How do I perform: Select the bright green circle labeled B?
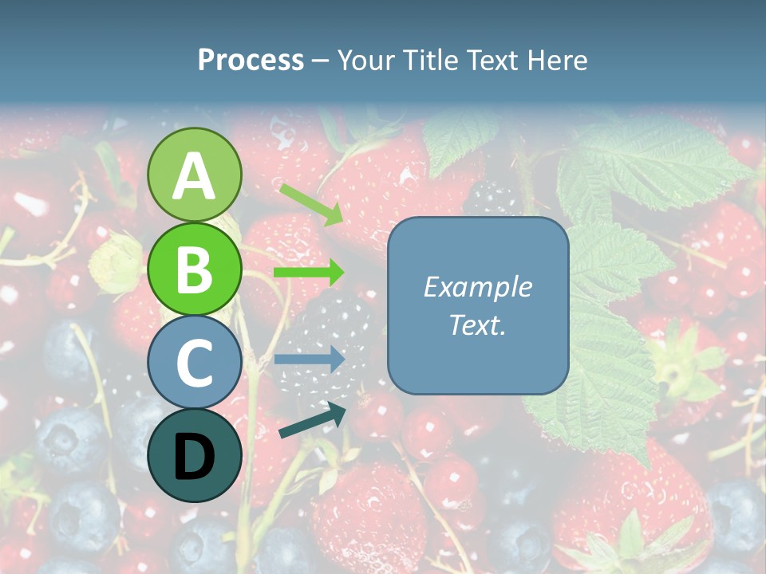coord(194,269)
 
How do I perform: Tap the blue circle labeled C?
coord(194,363)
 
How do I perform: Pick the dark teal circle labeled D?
coord(194,456)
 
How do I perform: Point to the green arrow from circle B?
coord(309,273)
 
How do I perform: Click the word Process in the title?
coord(251,60)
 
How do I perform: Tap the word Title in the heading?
coord(428,60)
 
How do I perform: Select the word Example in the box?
coord(477,287)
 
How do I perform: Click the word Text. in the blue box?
coord(477,325)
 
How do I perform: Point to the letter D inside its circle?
coord(194,458)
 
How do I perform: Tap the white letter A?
coord(194,176)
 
